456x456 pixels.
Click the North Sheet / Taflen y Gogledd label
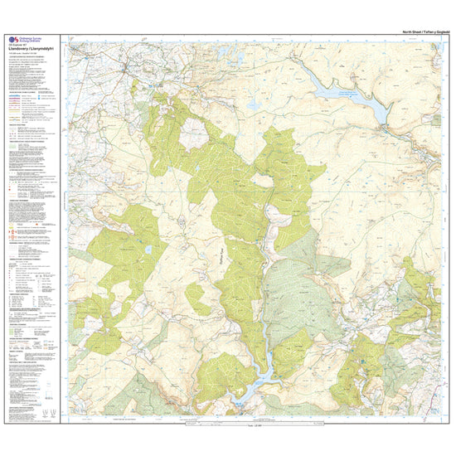[x=415, y=31]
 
